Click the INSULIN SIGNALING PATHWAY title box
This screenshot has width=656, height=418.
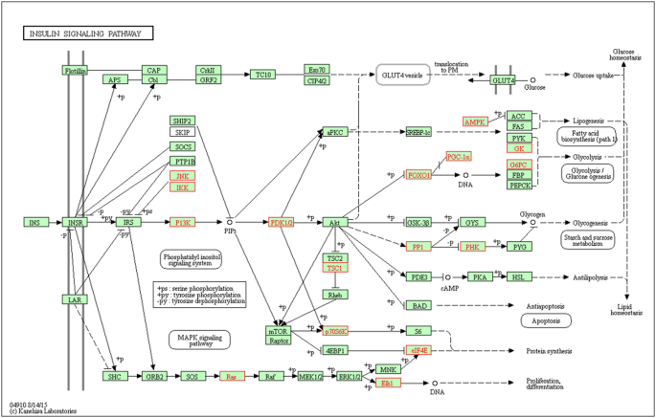click(88, 33)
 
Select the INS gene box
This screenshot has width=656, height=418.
click(35, 222)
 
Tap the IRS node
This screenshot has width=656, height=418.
click(126, 222)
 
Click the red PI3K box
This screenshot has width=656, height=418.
click(183, 222)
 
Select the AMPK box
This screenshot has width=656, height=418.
click(475, 122)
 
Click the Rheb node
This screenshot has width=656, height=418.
click(335, 296)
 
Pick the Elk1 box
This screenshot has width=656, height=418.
click(388, 384)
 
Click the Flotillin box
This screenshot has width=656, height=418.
click(76, 71)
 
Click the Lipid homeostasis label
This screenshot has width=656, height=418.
click(627, 310)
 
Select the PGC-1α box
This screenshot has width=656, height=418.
click(459, 156)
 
